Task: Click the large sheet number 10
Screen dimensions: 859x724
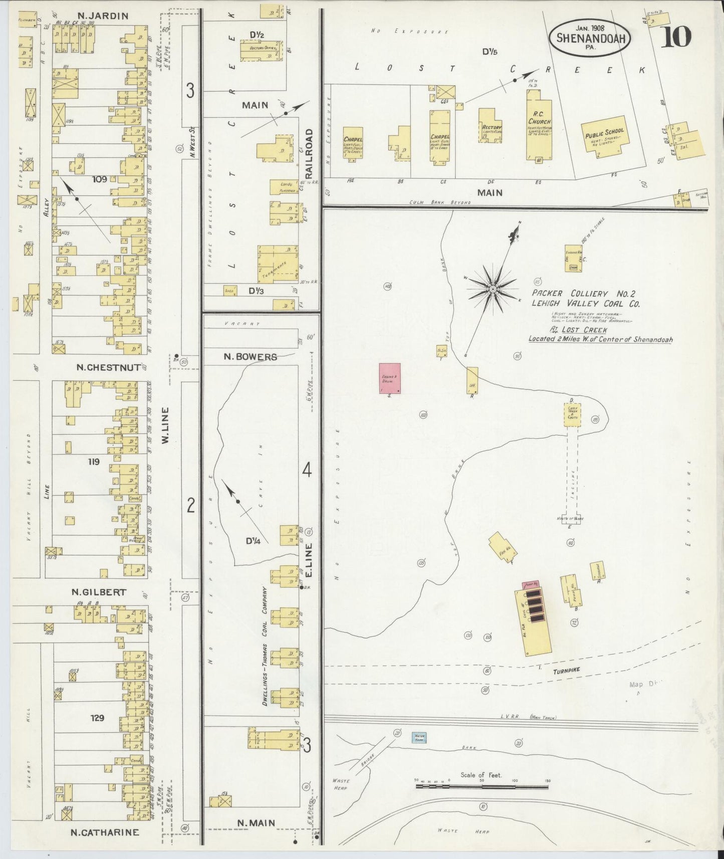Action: [x=676, y=36]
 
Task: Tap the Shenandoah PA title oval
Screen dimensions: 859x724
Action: [x=589, y=37]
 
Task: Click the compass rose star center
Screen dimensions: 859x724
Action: [x=493, y=290]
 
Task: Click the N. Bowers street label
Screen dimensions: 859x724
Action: [x=250, y=357]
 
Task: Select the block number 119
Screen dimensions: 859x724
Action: [x=94, y=462]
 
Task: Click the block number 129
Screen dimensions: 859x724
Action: [x=97, y=718]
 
